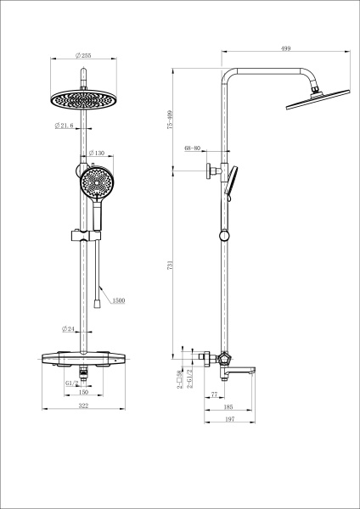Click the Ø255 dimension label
click(83, 55)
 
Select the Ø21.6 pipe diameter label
click(64, 126)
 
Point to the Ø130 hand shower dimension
click(96, 154)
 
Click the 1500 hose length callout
click(119, 300)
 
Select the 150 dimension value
click(83, 393)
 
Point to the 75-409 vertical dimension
click(170, 120)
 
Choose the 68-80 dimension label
click(193, 149)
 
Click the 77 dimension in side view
click(214, 394)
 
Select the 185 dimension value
click(229, 408)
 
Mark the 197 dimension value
click(229, 420)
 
